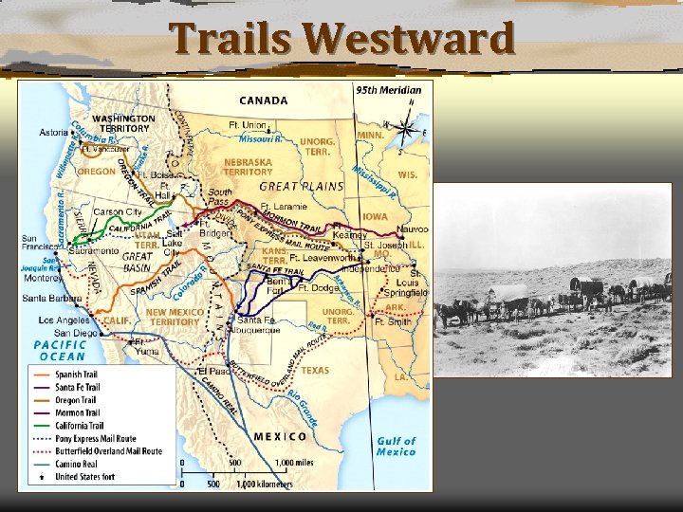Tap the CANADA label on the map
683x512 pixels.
(x=264, y=100)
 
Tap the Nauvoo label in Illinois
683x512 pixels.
(x=413, y=229)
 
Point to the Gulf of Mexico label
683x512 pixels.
(x=396, y=446)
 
